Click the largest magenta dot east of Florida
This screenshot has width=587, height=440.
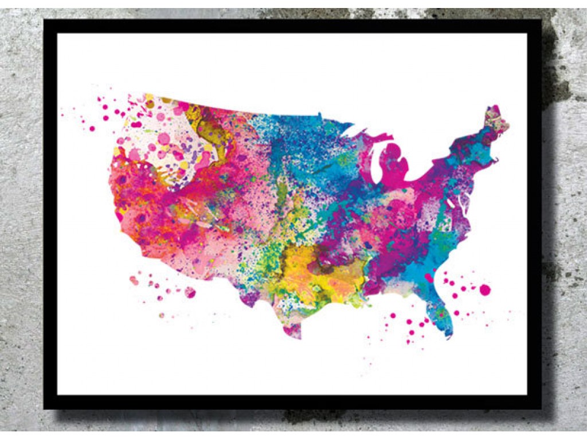click(485, 289)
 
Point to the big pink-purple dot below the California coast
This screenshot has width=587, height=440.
click(190, 292)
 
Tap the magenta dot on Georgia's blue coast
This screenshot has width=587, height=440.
click(428, 278)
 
